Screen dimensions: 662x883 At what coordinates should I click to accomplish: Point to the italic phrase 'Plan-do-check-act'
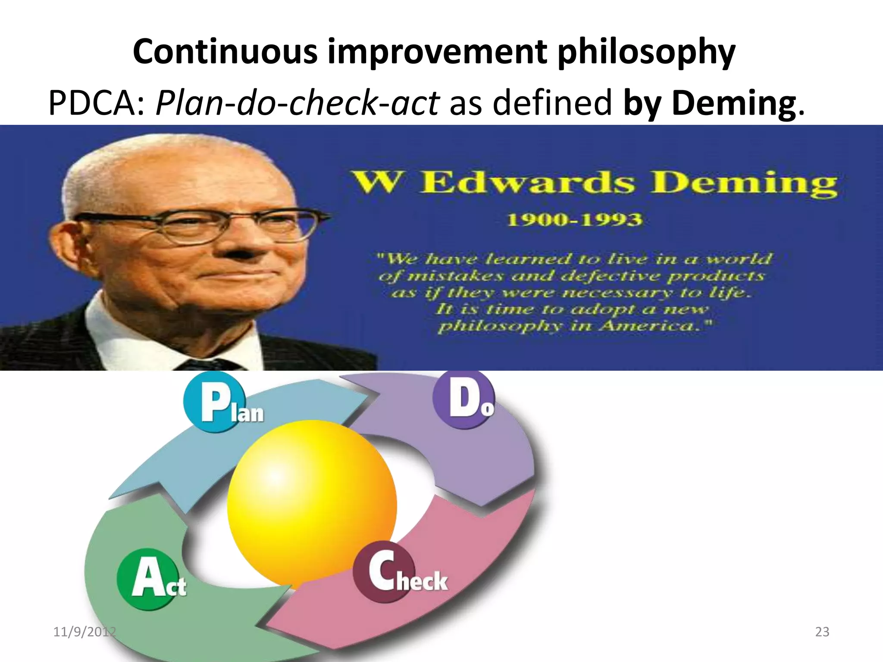pyautogui.click(x=297, y=103)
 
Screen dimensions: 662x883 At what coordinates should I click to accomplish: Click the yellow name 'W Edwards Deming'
pyautogui.click(x=595, y=183)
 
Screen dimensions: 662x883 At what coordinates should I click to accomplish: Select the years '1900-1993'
pyautogui.click(x=574, y=220)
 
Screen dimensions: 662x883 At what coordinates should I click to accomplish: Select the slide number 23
pyautogui.click(x=822, y=632)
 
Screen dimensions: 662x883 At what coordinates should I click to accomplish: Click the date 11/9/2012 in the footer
pyautogui.click(x=85, y=632)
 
